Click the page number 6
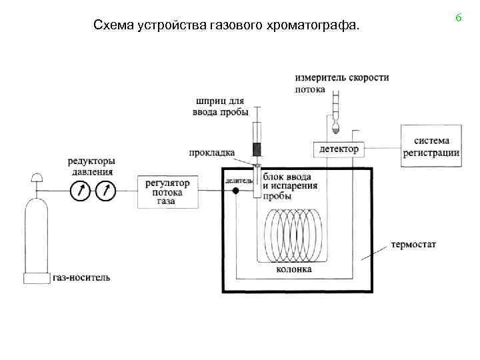point(459,19)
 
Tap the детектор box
point(339,149)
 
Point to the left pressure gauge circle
point(80,192)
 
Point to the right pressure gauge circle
point(105,192)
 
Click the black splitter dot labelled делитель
point(235,191)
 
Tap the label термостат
point(414,245)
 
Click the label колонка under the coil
point(293,270)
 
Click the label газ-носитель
point(81,277)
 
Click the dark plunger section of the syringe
point(256,147)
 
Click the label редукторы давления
point(91,167)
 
